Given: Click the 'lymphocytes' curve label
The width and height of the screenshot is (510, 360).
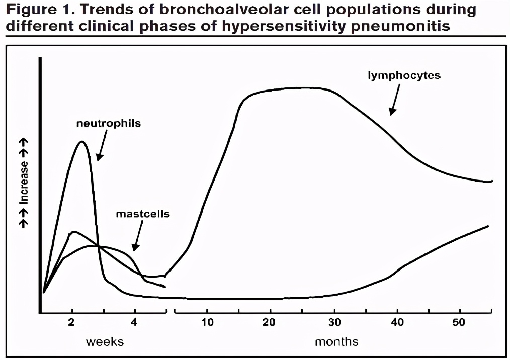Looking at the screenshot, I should [404, 76].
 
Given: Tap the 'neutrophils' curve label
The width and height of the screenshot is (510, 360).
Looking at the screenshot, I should [109, 123].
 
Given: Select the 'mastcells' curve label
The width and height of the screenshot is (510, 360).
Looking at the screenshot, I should [143, 214].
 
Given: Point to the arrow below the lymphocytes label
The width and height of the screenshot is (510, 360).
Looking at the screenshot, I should [395, 99].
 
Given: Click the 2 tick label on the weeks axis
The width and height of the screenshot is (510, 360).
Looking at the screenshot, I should [72, 322].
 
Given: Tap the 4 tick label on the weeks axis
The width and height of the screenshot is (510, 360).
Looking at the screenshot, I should [134, 322].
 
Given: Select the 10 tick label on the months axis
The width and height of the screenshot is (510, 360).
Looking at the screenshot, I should [207, 322].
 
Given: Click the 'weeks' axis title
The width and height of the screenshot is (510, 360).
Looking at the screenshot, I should [105, 342].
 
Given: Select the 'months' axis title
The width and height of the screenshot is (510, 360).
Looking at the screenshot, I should [336, 342].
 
